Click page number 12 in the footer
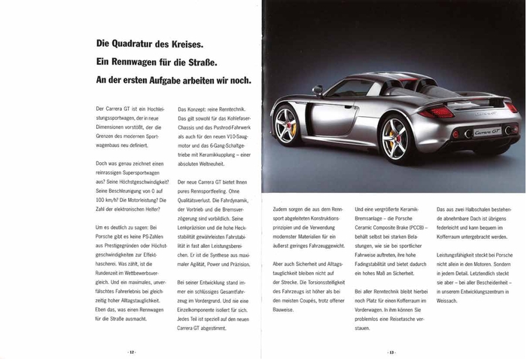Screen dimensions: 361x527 [132, 351]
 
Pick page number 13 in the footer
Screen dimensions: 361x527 [391, 351]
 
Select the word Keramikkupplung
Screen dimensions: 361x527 [216, 155]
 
